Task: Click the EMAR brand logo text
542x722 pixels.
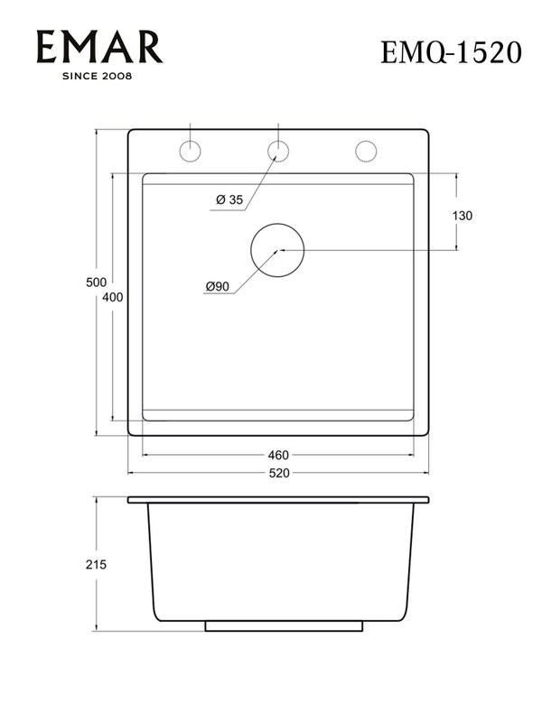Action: pyautogui.click(x=99, y=47)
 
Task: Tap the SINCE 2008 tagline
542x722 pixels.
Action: pyautogui.click(x=97, y=76)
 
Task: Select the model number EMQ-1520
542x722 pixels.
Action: pyautogui.click(x=451, y=52)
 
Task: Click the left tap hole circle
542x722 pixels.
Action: pyautogui.click(x=191, y=151)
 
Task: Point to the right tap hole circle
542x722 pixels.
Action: pyautogui.click(x=365, y=151)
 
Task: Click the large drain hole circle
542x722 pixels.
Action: pyautogui.click(x=277, y=249)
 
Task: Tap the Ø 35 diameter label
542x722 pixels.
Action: pyautogui.click(x=230, y=200)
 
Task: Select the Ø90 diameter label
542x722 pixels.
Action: pyautogui.click(x=218, y=287)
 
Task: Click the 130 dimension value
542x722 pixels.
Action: pyautogui.click(x=463, y=216)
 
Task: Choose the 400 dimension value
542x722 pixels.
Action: pyautogui.click(x=113, y=297)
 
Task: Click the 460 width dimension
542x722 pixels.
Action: pyautogui.click(x=278, y=455)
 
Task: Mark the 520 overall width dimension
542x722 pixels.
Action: pyautogui.click(x=278, y=473)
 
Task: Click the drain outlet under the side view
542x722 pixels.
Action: pyautogui.click(x=284, y=625)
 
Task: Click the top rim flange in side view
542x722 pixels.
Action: pyautogui.click(x=278, y=499)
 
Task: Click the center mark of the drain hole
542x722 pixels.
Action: pyautogui.click(x=280, y=249)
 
